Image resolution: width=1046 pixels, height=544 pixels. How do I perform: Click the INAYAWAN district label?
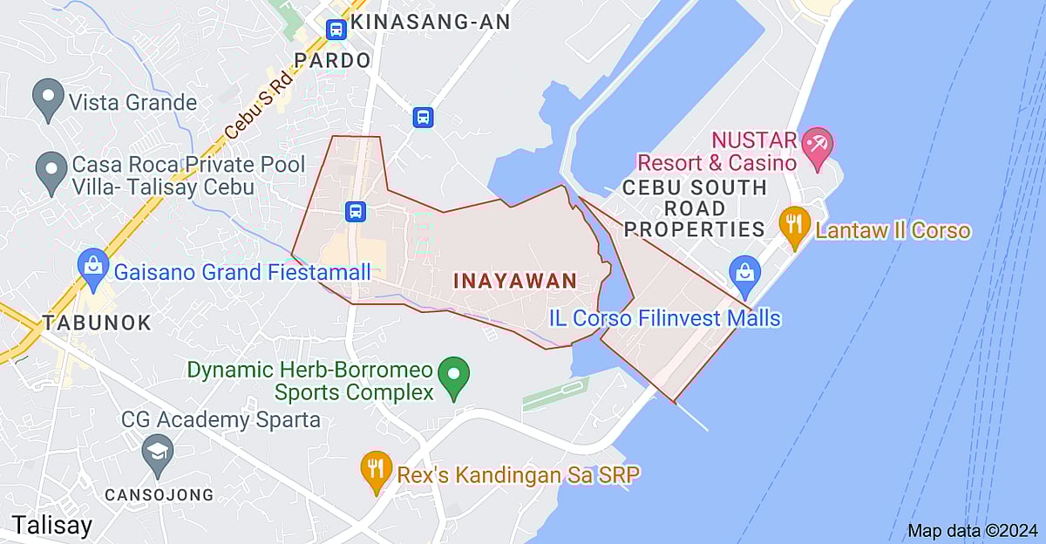click(x=515, y=281)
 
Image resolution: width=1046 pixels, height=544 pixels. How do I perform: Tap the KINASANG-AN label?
click(x=435, y=23)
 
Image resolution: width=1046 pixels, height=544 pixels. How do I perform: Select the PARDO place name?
click(x=332, y=60)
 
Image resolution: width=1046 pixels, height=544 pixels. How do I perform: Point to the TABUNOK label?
click(x=97, y=322)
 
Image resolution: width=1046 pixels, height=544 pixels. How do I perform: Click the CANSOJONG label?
click(x=159, y=494)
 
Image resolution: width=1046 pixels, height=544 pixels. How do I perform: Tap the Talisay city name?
click(x=51, y=526)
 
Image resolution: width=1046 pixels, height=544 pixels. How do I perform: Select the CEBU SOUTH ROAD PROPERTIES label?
click(x=695, y=208)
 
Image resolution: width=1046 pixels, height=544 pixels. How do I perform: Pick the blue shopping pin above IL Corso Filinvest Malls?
click(x=745, y=270)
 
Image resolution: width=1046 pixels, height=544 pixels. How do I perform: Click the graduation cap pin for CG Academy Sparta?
click(x=158, y=452)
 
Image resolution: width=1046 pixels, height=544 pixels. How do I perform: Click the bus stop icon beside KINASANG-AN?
click(x=336, y=30)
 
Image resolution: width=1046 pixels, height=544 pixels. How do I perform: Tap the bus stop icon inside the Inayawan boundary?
click(x=355, y=211)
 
